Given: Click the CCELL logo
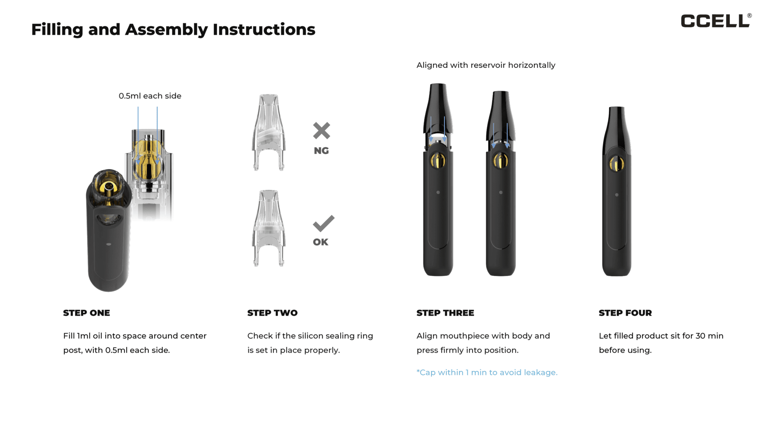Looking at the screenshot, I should pyautogui.click(x=715, y=21).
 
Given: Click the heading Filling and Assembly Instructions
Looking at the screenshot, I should pyautogui.click(x=173, y=29).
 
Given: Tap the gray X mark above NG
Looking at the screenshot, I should pyautogui.click(x=321, y=131).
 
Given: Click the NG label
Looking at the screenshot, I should pyautogui.click(x=321, y=151).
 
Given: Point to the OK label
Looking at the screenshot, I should pyautogui.click(x=320, y=242).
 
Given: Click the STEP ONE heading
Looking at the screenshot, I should pyautogui.click(x=86, y=313).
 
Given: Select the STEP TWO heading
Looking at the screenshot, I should pyautogui.click(x=272, y=313).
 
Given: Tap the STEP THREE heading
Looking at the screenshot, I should pyautogui.click(x=445, y=313).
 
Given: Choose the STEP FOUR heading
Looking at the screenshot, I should pyautogui.click(x=625, y=313).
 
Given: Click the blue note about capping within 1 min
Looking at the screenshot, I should pyautogui.click(x=487, y=372).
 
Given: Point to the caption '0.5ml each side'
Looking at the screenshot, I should pyautogui.click(x=150, y=96).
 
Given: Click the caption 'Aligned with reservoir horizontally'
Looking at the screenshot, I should pyautogui.click(x=486, y=65).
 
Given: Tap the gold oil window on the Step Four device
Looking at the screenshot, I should pyautogui.click(x=617, y=163).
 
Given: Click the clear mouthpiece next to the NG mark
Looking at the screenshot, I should pyautogui.click(x=269, y=133).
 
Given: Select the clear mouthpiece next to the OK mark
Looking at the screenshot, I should pyautogui.click(x=269, y=228).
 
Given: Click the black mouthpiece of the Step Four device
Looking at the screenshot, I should pyautogui.click(x=617, y=127).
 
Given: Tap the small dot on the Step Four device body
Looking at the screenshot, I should pyautogui.click(x=617, y=195).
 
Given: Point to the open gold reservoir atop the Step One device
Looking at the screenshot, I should pyautogui.click(x=109, y=186).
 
